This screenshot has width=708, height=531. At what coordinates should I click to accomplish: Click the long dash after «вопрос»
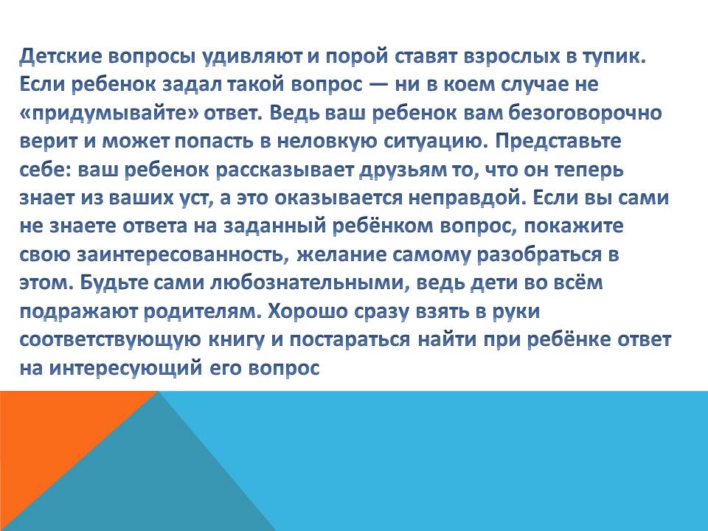pyautogui.click(x=378, y=84)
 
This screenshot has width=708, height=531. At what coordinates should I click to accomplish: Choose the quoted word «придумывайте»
pyautogui.click(x=109, y=114)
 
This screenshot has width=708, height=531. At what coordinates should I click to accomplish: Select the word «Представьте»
pyautogui.click(x=558, y=142)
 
